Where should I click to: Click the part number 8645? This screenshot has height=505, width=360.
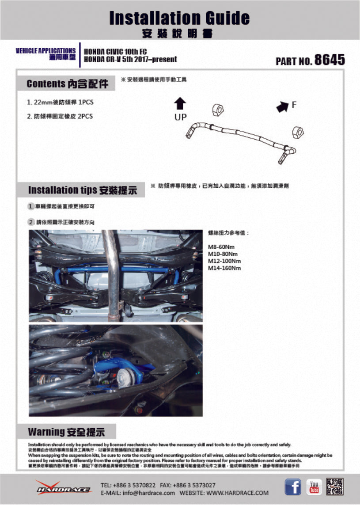click(329, 60)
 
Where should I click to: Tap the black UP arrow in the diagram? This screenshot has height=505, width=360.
click(180, 104)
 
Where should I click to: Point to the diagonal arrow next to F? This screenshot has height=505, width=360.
click(281, 106)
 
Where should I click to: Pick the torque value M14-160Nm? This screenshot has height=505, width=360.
click(224, 268)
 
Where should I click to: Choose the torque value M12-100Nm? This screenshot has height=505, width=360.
click(224, 261)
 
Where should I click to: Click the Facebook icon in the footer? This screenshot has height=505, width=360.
click(292, 487)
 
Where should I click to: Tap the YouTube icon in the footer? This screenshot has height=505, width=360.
click(314, 487)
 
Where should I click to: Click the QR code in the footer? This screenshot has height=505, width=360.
click(335, 487)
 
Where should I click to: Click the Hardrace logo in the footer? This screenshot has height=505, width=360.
click(63, 487)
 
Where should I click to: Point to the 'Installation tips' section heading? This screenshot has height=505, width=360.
click(82, 190)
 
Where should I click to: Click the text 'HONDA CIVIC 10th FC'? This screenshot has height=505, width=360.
click(115, 51)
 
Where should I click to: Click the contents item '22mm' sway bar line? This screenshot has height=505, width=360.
click(61, 102)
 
